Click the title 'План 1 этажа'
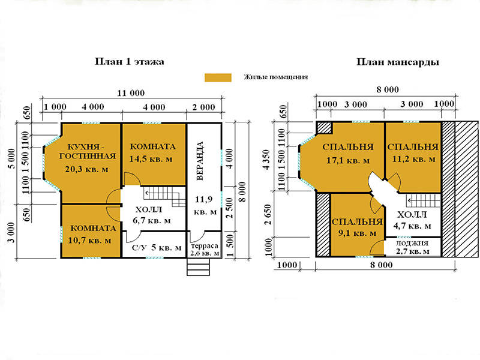pyautogui.click(x=129, y=62)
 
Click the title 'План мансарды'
pyautogui.click(x=398, y=62)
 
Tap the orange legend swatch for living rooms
pyautogui.click(x=218, y=77)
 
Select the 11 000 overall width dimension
pyautogui.click(x=131, y=93)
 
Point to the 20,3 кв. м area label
pyautogui.click(x=86, y=169)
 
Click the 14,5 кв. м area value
pyautogui.click(x=151, y=159)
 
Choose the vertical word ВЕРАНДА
pyautogui.click(x=200, y=161)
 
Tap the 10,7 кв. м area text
pyautogui.click(x=89, y=241)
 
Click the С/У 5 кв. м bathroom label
pyautogui.click(x=157, y=247)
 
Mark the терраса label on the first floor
pyautogui.click(x=205, y=246)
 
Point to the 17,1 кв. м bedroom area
pyautogui.click(x=348, y=160)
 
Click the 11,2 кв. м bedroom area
pyautogui.click(x=413, y=159)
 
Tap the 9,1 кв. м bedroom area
pyautogui.click(x=357, y=233)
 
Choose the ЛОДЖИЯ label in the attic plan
pyautogui.click(x=412, y=244)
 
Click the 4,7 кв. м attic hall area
pyautogui.click(x=412, y=226)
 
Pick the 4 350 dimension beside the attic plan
pyautogui.click(x=267, y=160)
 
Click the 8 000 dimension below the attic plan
pyautogui.click(x=381, y=265)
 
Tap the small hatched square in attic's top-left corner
pyautogui.click(x=325, y=128)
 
